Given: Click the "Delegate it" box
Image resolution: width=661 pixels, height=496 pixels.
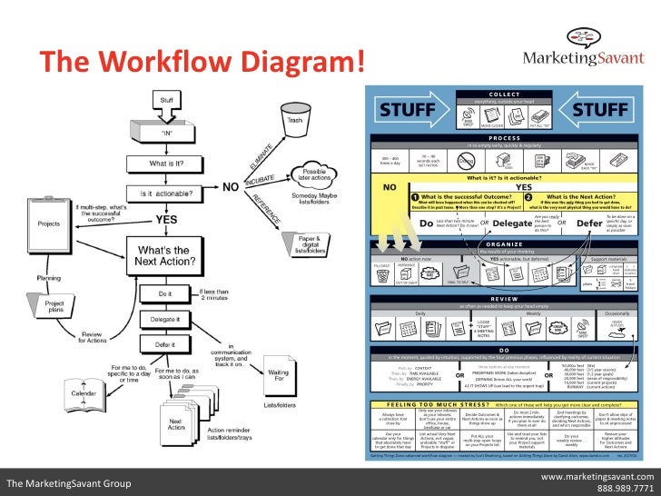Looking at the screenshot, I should coord(164,320).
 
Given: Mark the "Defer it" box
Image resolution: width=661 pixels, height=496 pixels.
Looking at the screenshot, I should coord(164,345).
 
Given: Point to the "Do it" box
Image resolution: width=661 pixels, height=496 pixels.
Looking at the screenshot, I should coord(164,294).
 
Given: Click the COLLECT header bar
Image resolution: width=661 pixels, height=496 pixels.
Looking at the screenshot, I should coord(503,94).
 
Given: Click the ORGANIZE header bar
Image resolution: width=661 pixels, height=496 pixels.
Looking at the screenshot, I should coord(503,243).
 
